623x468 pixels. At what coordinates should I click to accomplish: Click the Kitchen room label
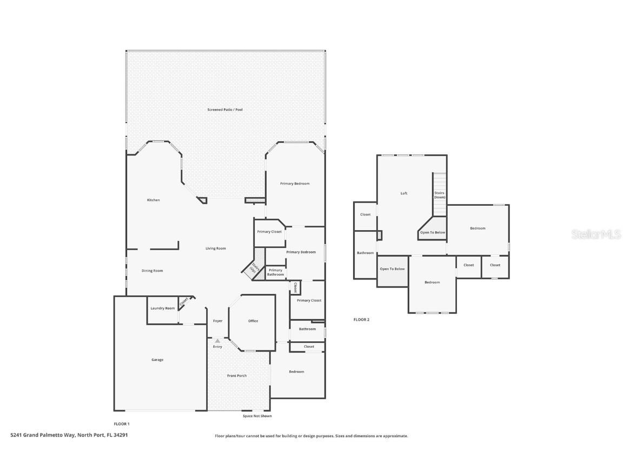pyautogui.click(x=154, y=200)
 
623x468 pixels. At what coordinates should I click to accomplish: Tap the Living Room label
pyautogui.click(x=215, y=249)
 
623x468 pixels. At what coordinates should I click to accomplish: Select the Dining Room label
pyautogui.click(x=152, y=271)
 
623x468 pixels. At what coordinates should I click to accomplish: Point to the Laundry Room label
pyautogui.click(x=162, y=309)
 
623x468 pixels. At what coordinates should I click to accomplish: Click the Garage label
pyautogui.click(x=157, y=360)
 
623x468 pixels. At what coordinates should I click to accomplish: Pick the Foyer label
pyautogui.click(x=217, y=321)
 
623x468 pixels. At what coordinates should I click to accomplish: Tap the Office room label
pyautogui.click(x=253, y=321)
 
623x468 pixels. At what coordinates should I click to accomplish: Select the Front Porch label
pyautogui.click(x=237, y=375)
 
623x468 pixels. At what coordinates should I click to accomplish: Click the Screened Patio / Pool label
pyautogui.click(x=225, y=110)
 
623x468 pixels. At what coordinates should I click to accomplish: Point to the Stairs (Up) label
pyautogui.click(x=253, y=268)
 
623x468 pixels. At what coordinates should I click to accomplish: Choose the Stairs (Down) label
pyautogui.click(x=440, y=195)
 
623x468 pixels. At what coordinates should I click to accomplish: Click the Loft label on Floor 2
pyautogui.click(x=403, y=193)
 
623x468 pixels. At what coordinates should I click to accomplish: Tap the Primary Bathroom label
pyautogui.click(x=275, y=272)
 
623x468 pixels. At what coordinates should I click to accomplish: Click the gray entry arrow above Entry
pyautogui.click(x=217, y=341)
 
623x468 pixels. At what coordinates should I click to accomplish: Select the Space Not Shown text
pyautogui.click(x=257, y=416)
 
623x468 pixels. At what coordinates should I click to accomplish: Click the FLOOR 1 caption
pyautogui.click(x=122, y=424)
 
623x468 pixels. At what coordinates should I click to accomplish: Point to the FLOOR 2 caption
pyautogui.click(x=361, y=320)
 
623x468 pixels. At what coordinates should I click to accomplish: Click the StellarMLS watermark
pyautogui.click(x=597, y=234)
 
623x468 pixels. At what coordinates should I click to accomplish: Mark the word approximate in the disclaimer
pyautogui.click(x=395, y=436)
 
